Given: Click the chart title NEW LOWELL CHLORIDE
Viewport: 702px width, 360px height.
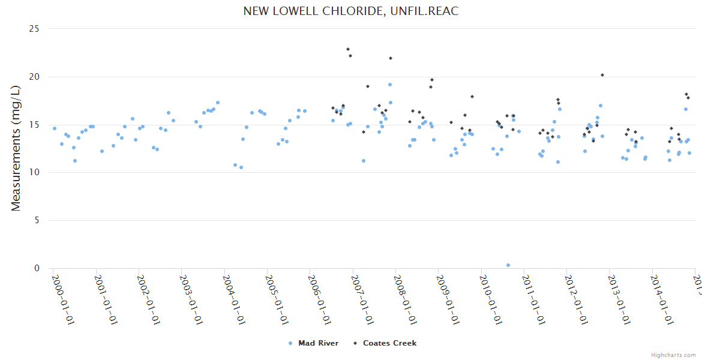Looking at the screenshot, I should click(350, 11).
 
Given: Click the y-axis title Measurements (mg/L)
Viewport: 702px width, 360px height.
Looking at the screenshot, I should click(16, 148).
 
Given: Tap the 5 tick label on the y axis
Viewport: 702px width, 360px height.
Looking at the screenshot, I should click(37, 220).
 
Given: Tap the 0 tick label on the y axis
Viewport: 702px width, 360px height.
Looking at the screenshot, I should click(37, 268).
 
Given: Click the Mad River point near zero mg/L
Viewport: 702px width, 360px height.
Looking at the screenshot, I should click(508, 265).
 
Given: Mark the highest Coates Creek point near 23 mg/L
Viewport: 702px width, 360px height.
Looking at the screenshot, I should click(348, 49).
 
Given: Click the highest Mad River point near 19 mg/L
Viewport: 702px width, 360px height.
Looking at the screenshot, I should click(390, 85).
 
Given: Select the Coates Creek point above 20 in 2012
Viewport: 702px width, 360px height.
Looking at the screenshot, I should click(602, 75).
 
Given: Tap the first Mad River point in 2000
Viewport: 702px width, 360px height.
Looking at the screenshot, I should click(55, 128).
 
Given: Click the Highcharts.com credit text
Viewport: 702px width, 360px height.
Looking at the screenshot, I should click(673, 355).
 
